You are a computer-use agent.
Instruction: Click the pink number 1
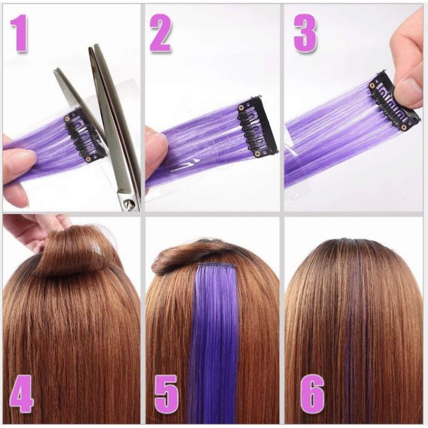20,33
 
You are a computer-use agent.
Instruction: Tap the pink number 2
161,33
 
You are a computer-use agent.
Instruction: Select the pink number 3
305,33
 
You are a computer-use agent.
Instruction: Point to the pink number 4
22,394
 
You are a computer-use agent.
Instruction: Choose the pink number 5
166,394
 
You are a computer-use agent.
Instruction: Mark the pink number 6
312,393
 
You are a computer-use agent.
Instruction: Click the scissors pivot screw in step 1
128,203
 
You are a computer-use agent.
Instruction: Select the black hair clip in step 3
393,101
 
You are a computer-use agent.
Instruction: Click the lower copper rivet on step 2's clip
257,154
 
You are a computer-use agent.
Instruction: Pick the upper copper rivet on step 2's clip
241,108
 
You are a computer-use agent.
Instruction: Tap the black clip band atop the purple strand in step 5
218,265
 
